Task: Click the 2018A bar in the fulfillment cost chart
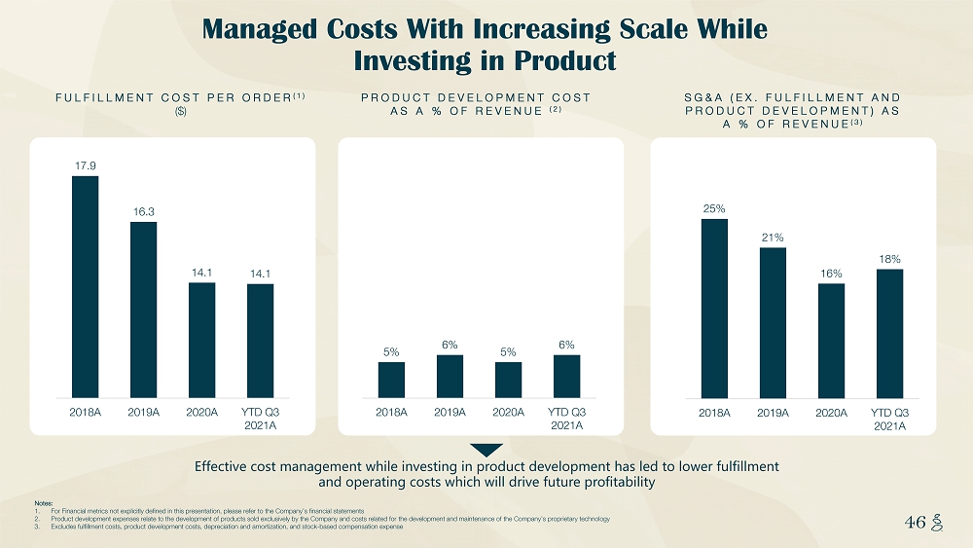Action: [x=86, y=287]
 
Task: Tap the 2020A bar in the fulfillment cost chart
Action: [x=201, y=341]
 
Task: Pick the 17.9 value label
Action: [x=86, y=164]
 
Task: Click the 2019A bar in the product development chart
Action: [x=450, y=377]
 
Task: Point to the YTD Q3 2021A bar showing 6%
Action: [x=566, y=377]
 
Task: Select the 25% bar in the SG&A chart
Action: [x=714, y=309]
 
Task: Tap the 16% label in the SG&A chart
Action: [x=831, y=274]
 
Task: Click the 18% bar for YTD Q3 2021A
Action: [x=889, y=334]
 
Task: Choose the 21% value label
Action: [x=773, y=237]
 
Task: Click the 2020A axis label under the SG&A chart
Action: [x=831, y=413]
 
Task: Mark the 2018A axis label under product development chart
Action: [x=391, y=413]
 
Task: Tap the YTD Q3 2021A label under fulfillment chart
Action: [x=260, y=419]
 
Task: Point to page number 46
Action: [x=915, y=523]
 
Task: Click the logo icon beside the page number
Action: [x=939, y=523]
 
